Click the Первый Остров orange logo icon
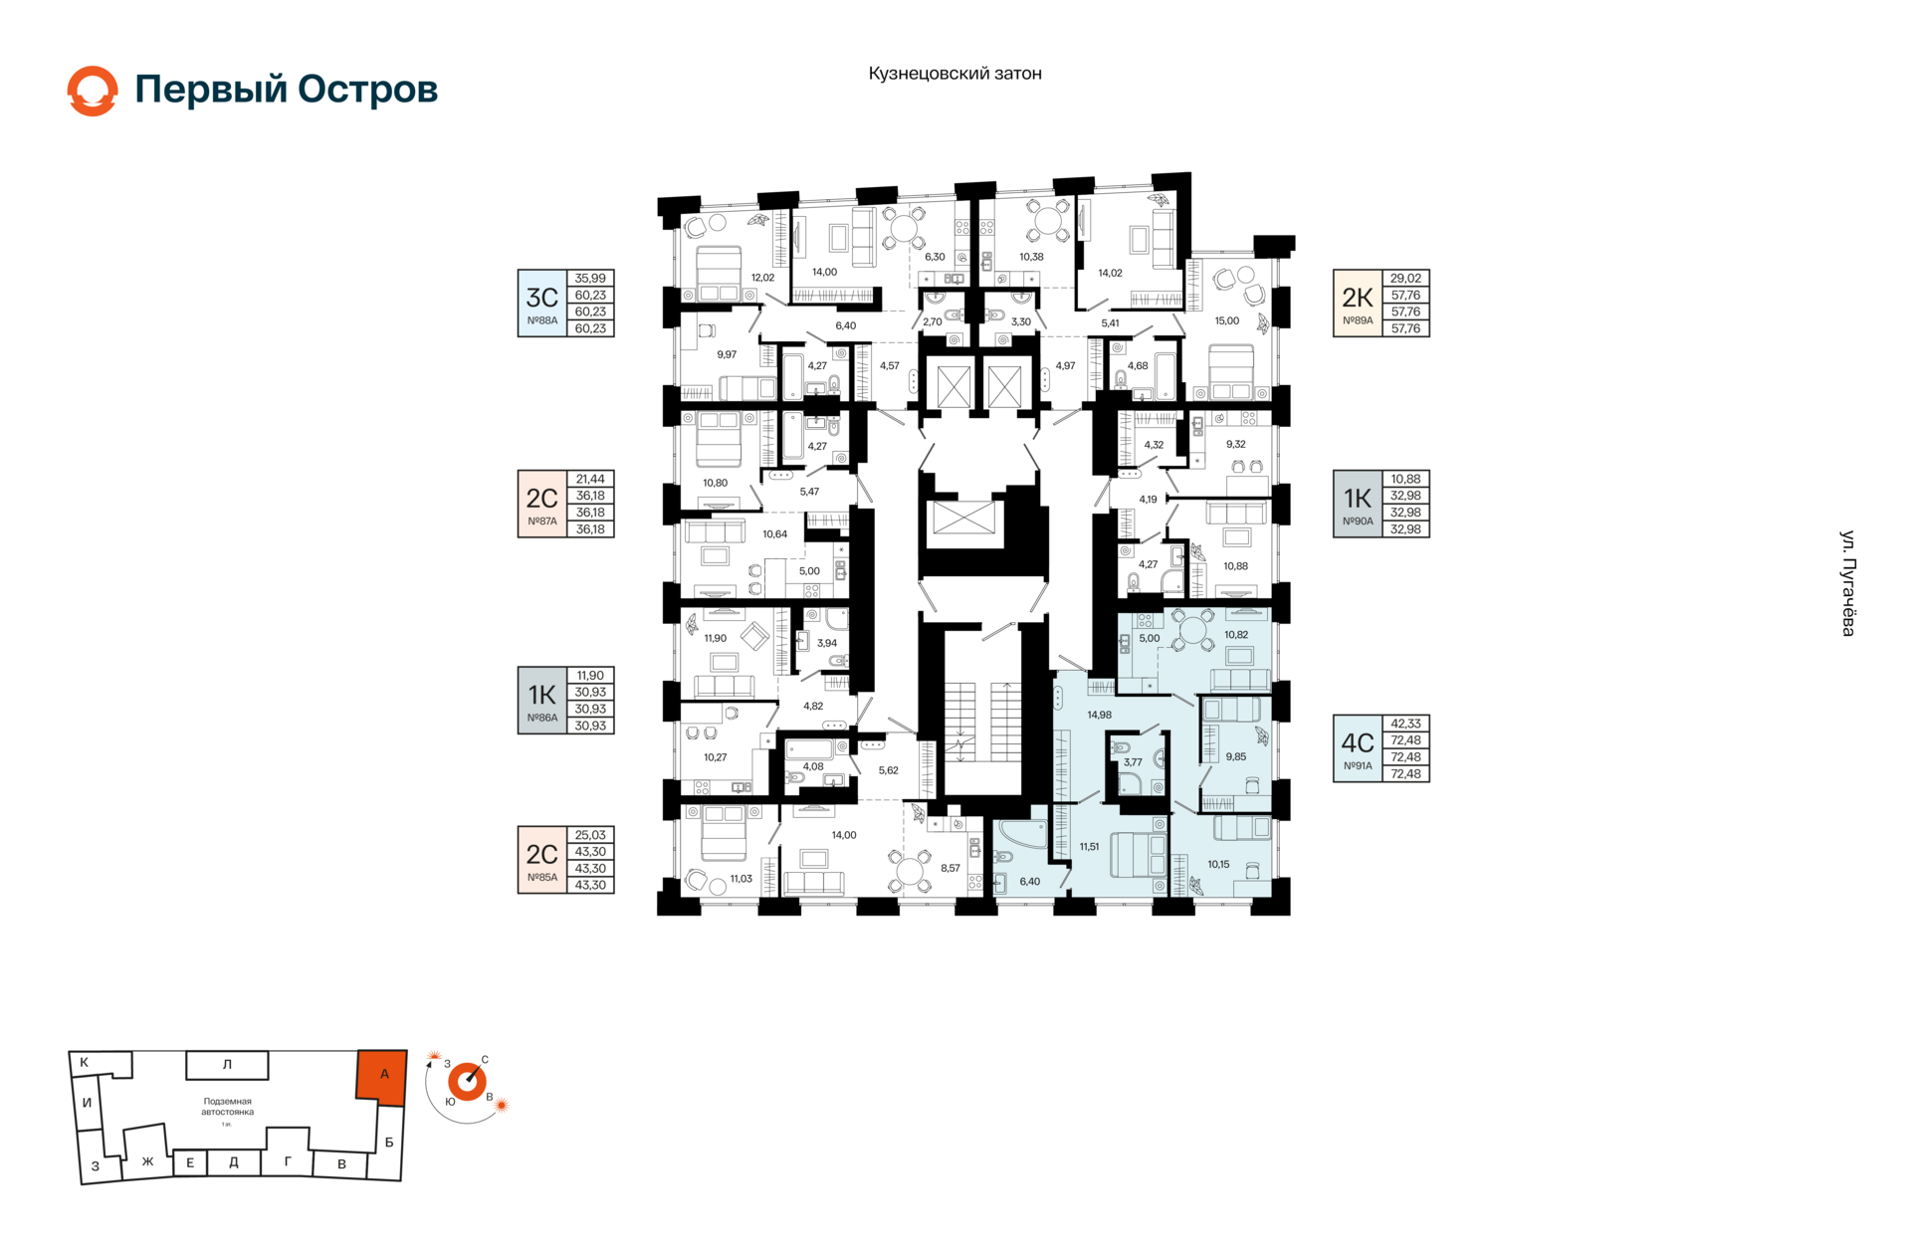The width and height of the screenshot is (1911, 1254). point(93,91)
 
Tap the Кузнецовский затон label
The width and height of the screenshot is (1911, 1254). point(955,74)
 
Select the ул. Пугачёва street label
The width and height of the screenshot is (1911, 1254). point(1847,583)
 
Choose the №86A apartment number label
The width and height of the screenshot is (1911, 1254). point(541,718)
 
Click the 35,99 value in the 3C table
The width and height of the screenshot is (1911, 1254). point(590,279)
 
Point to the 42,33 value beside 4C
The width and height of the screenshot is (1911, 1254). point(1405,724)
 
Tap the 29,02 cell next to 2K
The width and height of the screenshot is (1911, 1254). point(1405,279)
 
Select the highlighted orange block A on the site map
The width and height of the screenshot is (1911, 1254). point(382,1076)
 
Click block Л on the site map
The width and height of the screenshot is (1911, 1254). point(227,1065)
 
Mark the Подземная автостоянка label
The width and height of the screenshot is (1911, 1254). point(227,1107)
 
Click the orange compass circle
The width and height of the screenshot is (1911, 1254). point(467,1082)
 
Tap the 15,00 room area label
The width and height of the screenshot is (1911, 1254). point(1227,321)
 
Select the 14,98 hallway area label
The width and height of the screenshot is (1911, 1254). point(1099,715)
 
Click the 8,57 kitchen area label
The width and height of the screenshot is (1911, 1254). point(951,868)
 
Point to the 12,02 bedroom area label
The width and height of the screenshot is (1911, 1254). point(762,278)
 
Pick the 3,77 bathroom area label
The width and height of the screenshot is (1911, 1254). point(1133,762)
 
